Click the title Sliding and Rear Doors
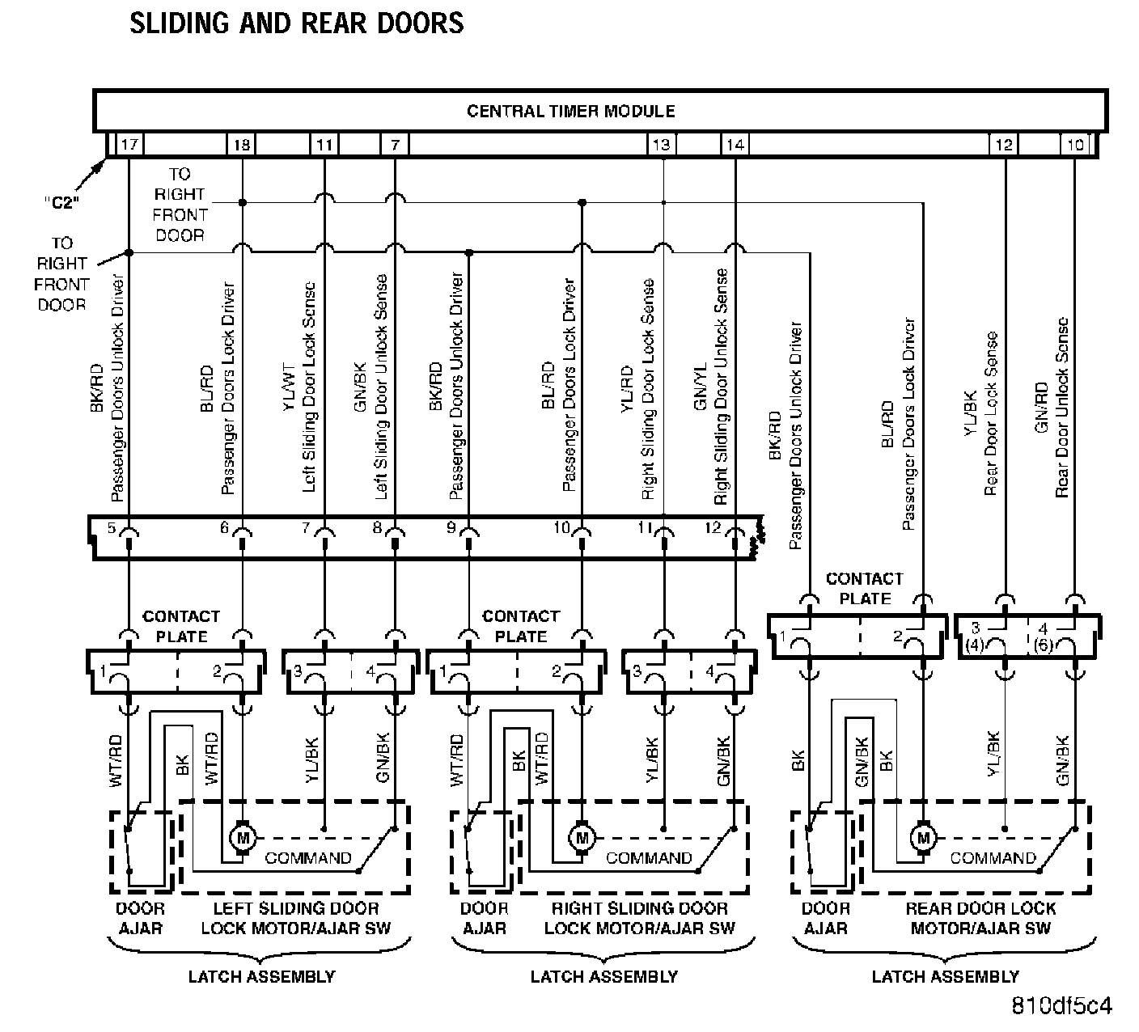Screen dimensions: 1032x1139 click(296, 23)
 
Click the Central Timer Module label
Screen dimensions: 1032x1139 click(570, 111)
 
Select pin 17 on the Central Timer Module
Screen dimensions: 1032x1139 click(129, 145)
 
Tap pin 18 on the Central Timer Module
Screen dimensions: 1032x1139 click(242, 145)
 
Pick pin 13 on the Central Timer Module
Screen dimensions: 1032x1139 click(661, 145)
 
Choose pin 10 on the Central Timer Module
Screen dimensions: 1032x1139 click(1075, 145)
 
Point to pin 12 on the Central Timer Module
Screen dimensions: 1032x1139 click(1004, 145)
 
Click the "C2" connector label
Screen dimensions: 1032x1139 click(61, 203)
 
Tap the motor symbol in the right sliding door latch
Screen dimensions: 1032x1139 click(581, 838)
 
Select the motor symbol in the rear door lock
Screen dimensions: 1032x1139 click(923, 838)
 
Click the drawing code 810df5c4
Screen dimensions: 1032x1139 click(1062, 1005)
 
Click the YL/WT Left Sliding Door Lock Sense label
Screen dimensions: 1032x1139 click(299, 388)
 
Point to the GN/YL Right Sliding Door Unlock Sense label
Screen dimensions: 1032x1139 click(711, 388)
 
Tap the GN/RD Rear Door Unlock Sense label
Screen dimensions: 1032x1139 click(1052, 408)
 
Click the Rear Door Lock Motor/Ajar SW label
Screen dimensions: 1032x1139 click(980, 918)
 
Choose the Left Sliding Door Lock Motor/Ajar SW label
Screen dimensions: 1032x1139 click(295, 918)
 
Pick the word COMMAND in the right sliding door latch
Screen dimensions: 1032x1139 click(649, 858)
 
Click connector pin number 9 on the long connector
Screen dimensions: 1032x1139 click(451, 528)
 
